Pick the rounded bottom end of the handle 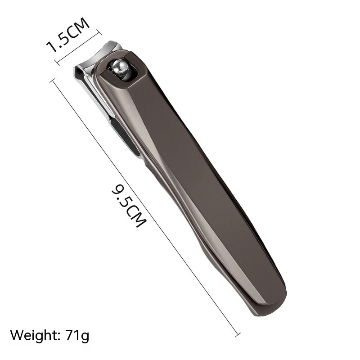point(270,306)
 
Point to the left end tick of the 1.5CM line point(56,62)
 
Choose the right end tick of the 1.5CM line point(99,31)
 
